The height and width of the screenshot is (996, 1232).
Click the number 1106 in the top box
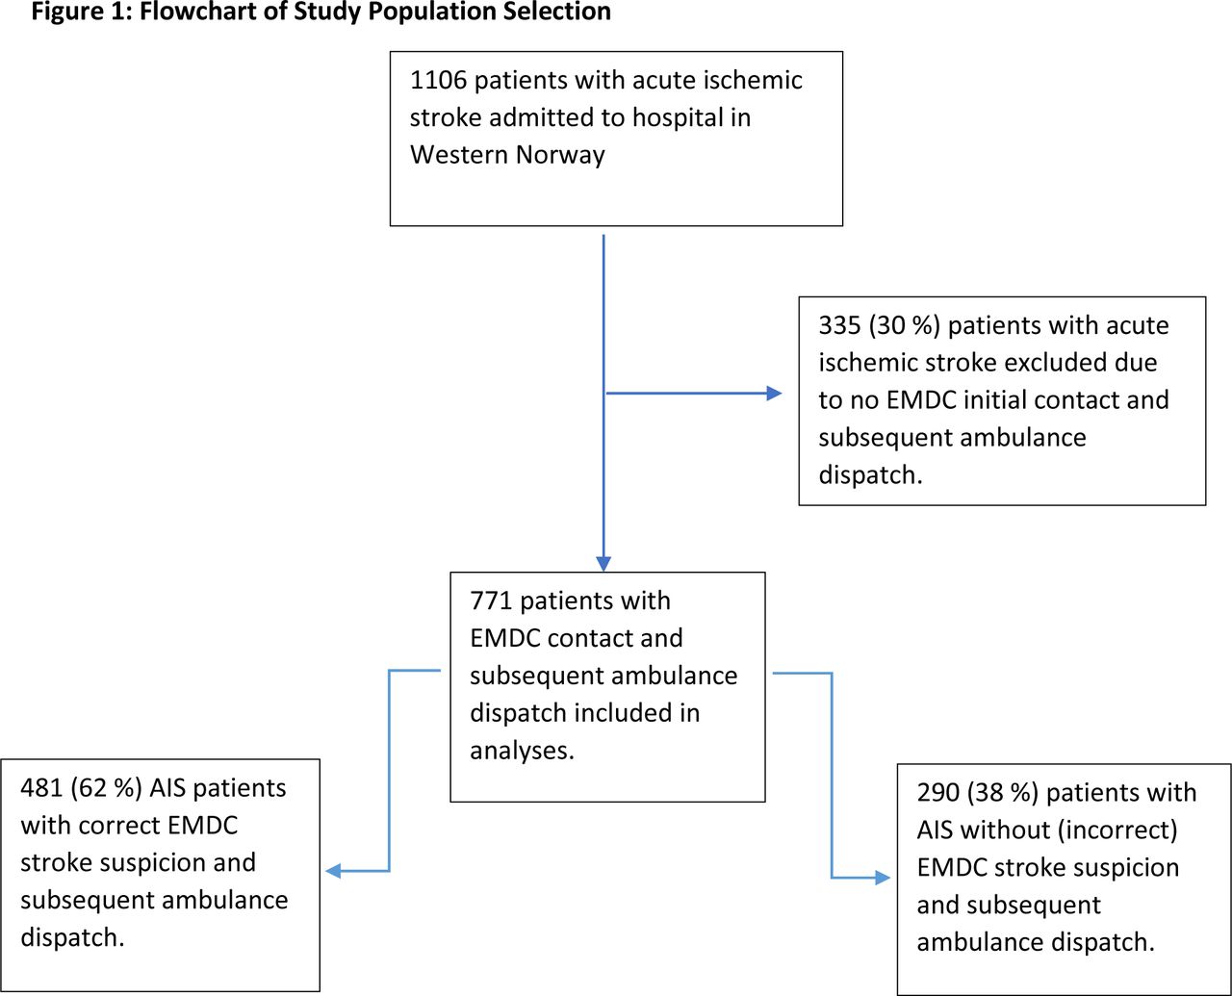point(438,81)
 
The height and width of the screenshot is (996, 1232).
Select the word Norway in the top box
point(560,155)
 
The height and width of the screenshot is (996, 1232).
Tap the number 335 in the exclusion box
point(839,325)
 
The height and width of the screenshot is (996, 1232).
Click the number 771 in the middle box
point(491,600)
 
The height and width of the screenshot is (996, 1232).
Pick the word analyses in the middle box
point(522,751)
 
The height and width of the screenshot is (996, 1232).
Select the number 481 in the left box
point(41,788)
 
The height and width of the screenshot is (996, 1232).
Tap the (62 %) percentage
point(106,789)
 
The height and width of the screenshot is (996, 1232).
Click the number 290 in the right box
point(937,793)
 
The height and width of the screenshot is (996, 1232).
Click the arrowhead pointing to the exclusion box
point(774,394)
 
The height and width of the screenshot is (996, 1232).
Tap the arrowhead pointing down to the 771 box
point(603,564)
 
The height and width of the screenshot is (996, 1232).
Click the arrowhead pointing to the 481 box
point(333,871)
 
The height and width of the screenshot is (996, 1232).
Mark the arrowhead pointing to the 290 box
point(883,878)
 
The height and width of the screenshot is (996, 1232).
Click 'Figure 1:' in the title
point(81,13)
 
